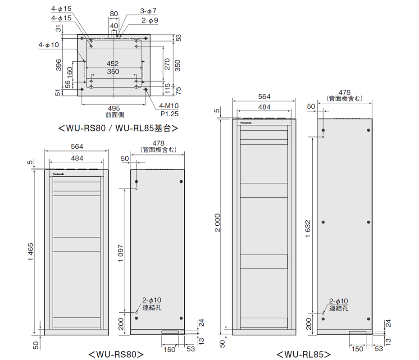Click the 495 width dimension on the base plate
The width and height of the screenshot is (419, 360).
coord(114,108)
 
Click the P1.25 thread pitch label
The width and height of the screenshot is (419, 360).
coord(169,114)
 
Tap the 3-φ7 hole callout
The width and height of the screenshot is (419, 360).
coord(148,10)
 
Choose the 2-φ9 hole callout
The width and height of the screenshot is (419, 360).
coord(150,20)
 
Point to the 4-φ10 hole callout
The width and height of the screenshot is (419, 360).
coord(49,45)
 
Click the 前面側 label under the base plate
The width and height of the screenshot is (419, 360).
coord(114,115)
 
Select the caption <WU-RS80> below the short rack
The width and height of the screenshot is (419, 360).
coord(116,354)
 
